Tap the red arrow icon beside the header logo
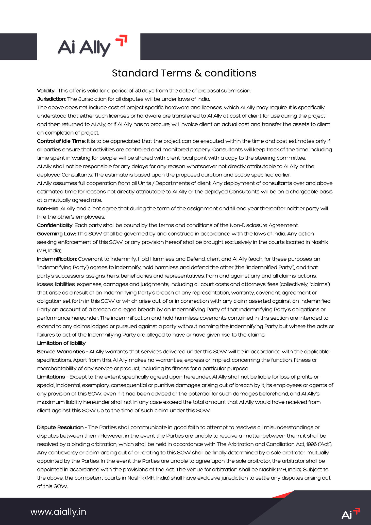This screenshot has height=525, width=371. (122, 40)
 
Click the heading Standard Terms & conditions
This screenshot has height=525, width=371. (184, 73)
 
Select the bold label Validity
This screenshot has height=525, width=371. (46, 91)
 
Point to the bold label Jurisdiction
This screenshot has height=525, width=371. (51, 99)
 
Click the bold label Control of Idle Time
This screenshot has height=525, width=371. (61, 141)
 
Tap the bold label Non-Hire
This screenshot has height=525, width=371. (48, 208)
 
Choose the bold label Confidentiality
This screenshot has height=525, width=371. (55, 225)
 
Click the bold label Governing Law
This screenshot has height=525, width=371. (56, 234)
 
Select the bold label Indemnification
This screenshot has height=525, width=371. (56, 259)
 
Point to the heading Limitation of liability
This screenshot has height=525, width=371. (61, 343)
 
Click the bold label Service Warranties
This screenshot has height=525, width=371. (61, 352)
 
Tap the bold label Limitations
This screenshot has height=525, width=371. (51, 377)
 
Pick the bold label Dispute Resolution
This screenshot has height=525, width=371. (60, 427)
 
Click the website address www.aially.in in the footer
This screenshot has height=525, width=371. (58, 512)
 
